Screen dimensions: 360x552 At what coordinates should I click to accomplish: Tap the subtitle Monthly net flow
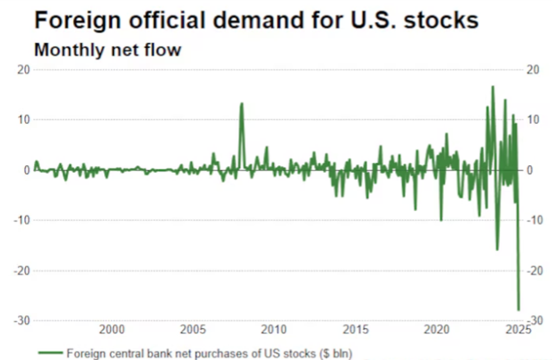(x=108, y=50)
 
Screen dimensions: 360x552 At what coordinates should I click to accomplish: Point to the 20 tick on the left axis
(x=24, y=70)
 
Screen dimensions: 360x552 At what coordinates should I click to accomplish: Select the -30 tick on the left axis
(x=21, y=320)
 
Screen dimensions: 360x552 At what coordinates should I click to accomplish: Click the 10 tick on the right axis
(x=534, y=120)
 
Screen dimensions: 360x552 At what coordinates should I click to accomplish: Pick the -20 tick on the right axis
(x=535, y=270)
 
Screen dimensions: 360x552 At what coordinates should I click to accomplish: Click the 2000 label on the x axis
(x=112, y=330)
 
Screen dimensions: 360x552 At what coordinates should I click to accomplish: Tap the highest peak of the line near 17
(x=493, y=86)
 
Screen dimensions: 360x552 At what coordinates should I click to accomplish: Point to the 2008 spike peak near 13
(x=241, y=104)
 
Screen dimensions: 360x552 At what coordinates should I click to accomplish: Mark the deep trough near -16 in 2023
(x=497, y=249)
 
